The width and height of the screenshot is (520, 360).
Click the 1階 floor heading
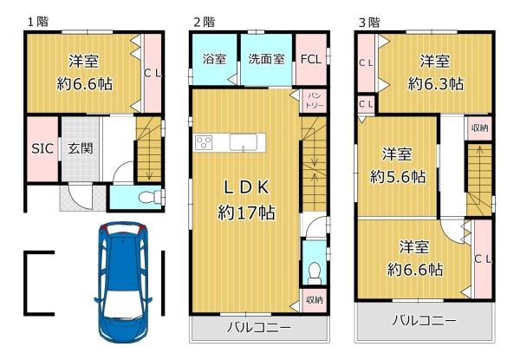tap(36, 21)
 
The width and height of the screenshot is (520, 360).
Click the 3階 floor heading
tap(368, 21)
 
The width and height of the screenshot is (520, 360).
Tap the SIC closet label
tap(42, 148)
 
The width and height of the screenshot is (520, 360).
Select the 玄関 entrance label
tap(81, 148)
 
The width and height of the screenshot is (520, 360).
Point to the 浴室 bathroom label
tap(214, 60)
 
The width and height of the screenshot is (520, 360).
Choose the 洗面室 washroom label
tap(266, 60)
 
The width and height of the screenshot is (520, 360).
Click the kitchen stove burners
tap(205, 142)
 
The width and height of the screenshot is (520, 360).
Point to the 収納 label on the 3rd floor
tap(479, 128)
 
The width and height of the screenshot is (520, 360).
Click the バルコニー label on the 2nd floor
tap(259, 329)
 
